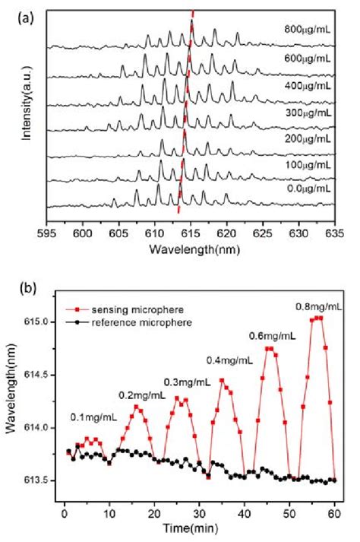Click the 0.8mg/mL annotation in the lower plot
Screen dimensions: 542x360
[319, 306]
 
